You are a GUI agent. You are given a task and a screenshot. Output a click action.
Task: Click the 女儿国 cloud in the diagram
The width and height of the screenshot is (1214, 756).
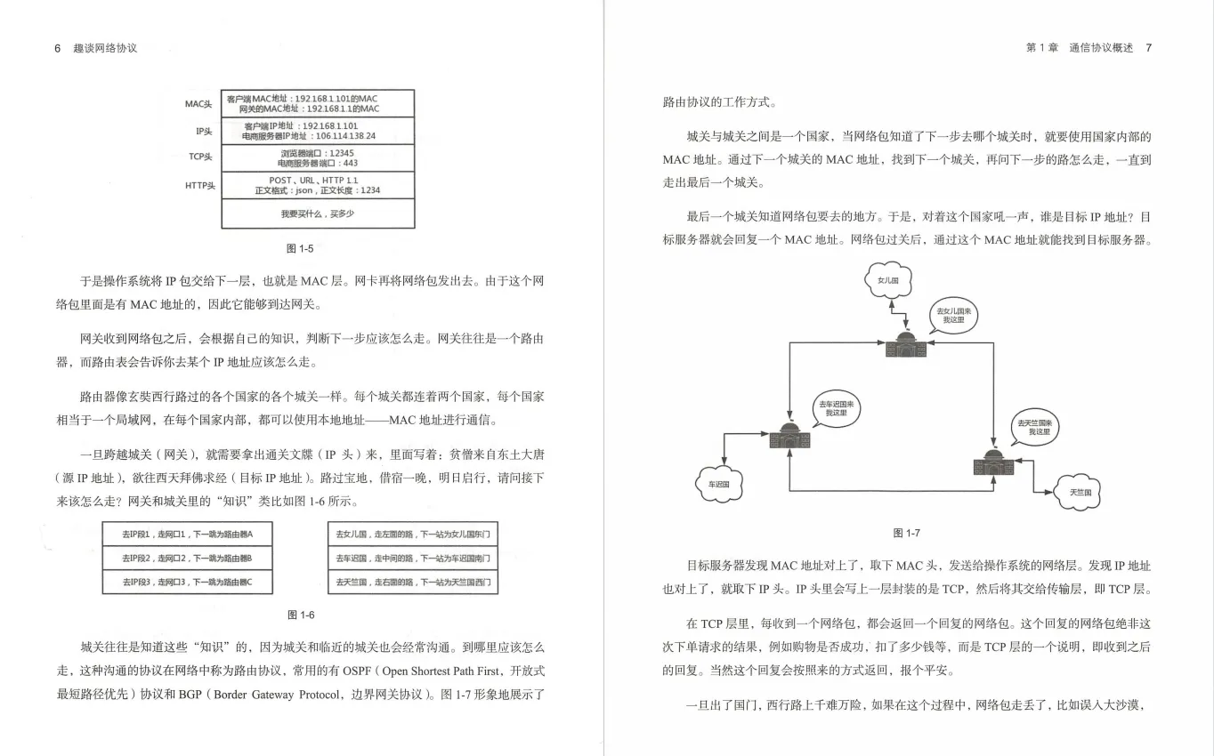coord(888,280)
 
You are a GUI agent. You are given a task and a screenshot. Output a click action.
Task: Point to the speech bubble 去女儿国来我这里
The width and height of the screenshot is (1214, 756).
coord(954,317)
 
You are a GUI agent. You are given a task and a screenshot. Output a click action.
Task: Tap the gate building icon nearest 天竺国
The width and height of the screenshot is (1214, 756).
coord(994,462)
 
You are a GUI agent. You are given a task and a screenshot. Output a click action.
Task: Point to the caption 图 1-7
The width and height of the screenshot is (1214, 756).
coord(906,533)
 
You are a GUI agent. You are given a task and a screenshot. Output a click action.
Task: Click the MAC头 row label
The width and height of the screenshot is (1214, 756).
coord(198,104)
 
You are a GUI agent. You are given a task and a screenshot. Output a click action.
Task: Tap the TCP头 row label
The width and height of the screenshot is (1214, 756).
coord(200,157)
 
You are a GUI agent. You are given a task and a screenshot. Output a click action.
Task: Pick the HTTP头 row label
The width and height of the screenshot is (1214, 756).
coord(199,185)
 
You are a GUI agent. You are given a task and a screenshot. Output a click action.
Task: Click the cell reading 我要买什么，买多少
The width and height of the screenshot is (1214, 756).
coord(318,214)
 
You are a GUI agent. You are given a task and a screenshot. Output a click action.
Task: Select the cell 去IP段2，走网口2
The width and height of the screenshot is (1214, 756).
coord(188,558)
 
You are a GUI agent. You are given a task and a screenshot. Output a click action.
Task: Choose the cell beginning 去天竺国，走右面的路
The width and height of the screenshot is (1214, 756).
coord(413,583)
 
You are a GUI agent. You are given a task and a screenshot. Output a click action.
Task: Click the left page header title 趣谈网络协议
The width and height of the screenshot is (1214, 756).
coord(106,48)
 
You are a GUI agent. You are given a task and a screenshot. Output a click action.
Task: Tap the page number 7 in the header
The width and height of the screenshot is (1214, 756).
coord(1148,48)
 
